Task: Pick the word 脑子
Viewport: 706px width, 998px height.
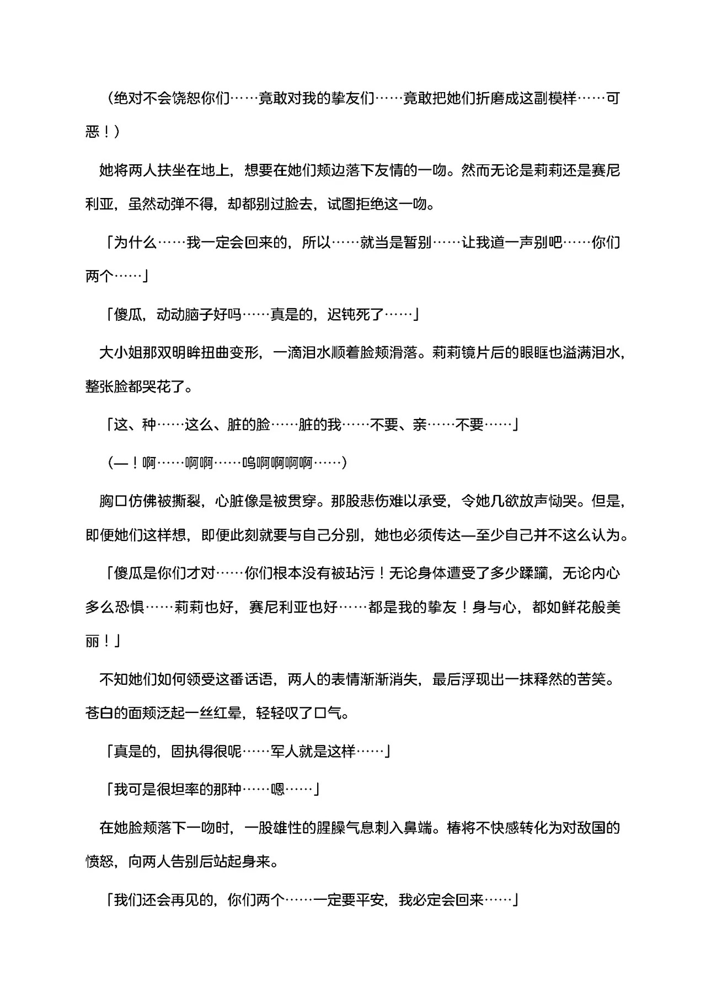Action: [x=200, y=315]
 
